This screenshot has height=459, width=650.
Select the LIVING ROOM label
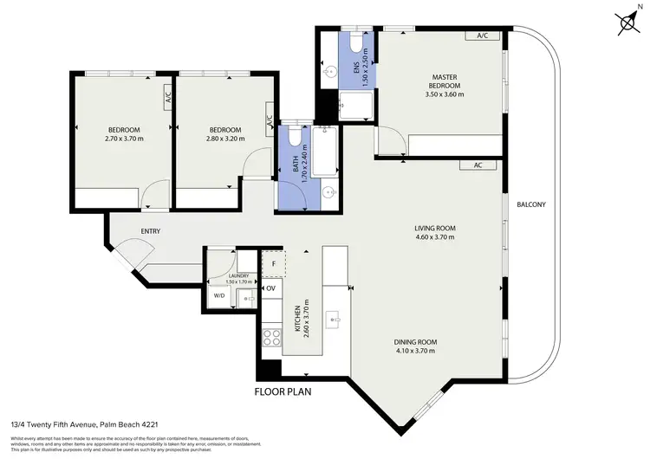click(434, 229)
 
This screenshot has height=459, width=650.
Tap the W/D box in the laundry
click(218, 295)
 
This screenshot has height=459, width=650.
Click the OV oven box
click(270, 288)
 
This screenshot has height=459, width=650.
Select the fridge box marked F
click(274, 262)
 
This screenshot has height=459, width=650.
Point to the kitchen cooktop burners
click(271, 337)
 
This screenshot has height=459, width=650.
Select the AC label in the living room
click(477, 165)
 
